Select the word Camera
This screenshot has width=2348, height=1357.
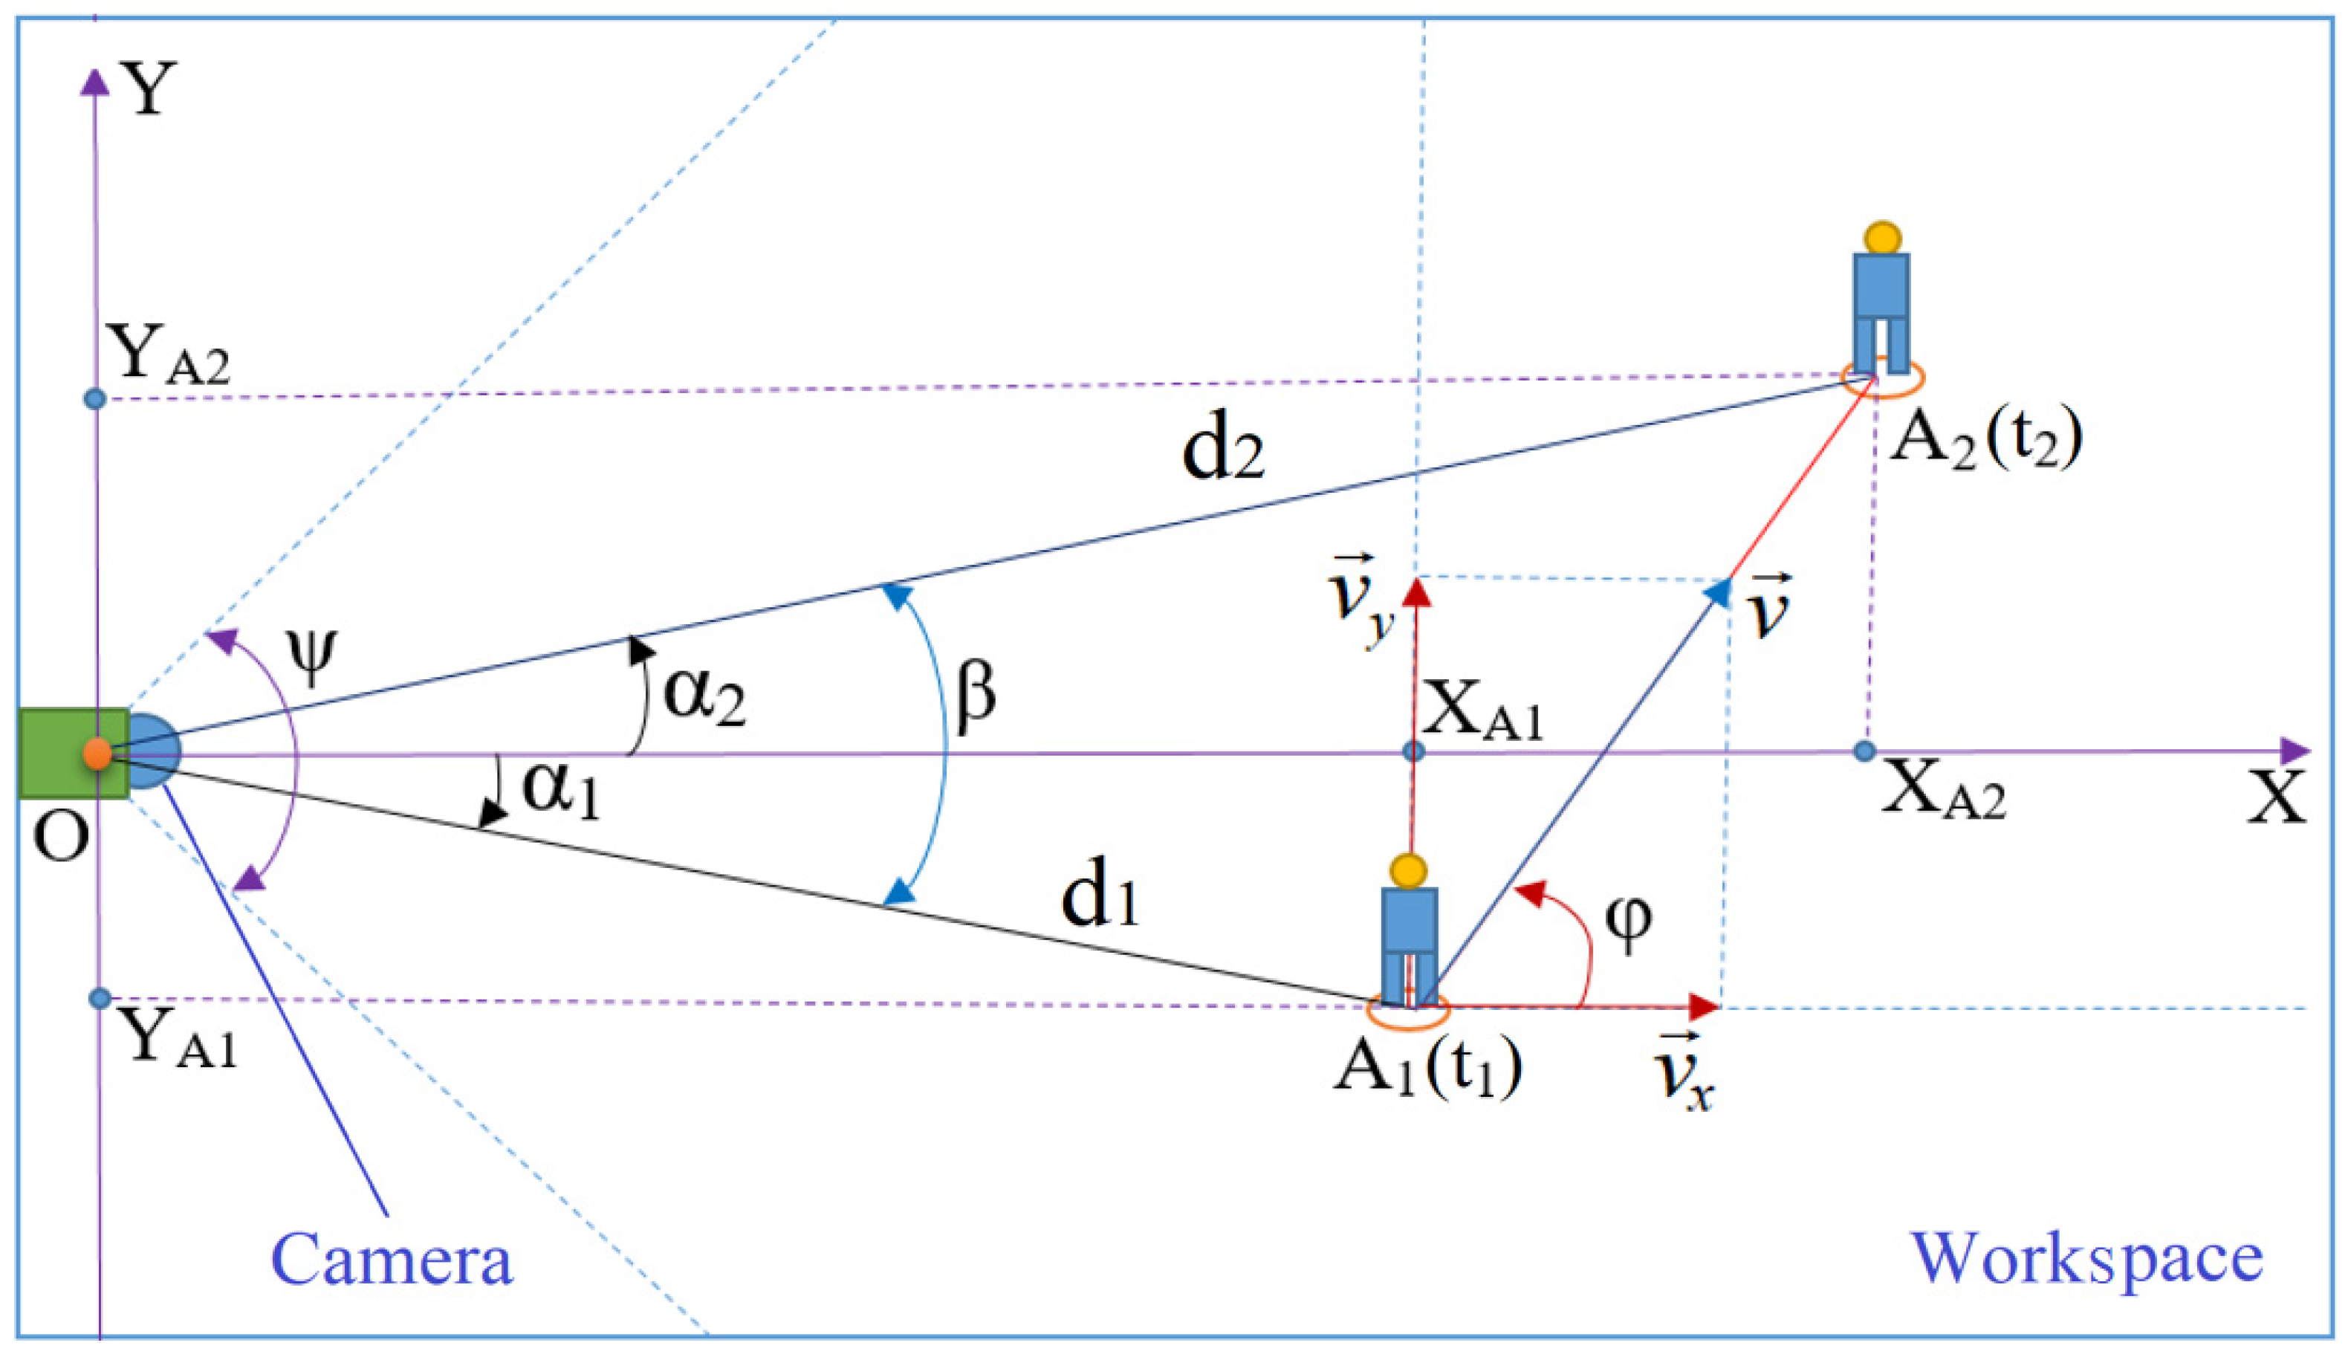click(392, 1259)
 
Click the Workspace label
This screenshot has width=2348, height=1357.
click(2087, 1257)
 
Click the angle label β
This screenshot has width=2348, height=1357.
click(976, 693)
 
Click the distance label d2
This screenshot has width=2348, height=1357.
click(1222, 454)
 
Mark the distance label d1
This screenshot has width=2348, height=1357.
click(1100, 900)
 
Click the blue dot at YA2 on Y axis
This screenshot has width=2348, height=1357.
click(95, 399)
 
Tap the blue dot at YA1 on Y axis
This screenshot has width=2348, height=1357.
click(100, 999)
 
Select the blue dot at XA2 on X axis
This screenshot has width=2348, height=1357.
click(1864, 751)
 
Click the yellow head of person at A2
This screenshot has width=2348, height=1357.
click(1883, 238)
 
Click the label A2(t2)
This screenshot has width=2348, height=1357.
click(1985, 438)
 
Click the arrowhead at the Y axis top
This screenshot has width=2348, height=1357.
click(95, 82)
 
